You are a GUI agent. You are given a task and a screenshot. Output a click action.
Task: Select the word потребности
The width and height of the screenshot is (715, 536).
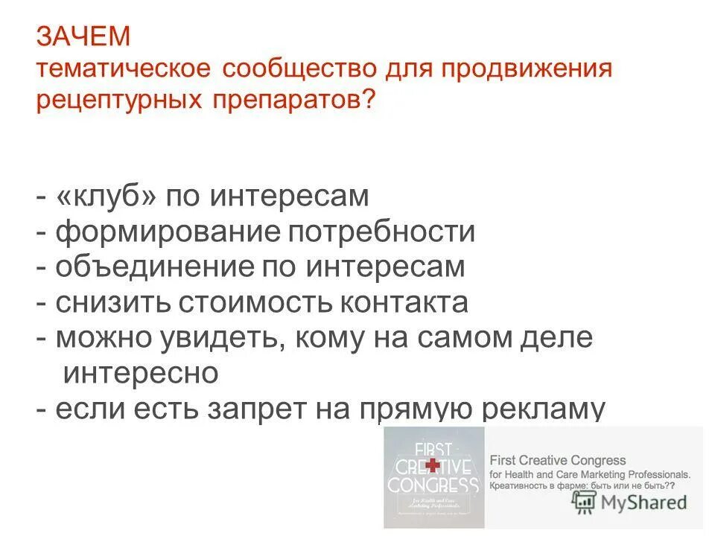click(381, 232)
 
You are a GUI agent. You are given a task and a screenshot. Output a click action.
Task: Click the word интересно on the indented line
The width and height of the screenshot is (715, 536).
click(141, 373)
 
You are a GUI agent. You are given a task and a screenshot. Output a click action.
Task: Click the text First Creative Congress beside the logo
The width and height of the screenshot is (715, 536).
click(557, 461)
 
